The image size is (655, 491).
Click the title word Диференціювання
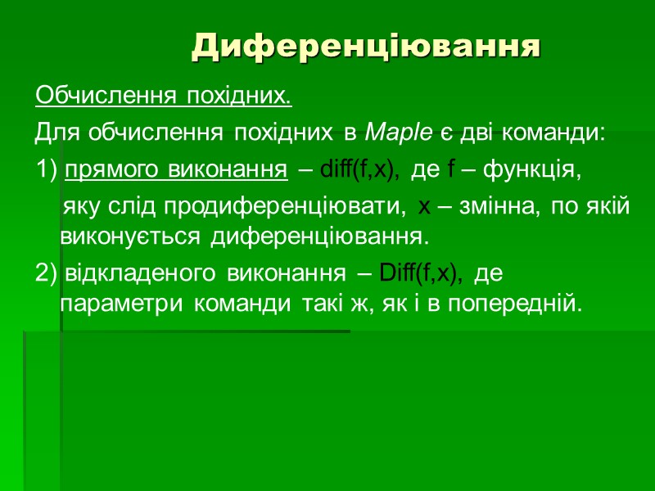pos(367,47)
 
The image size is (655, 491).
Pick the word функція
pos(532,170)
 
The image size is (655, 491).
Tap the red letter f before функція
pos(451,170)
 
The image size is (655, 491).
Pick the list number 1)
pos(47,170)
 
